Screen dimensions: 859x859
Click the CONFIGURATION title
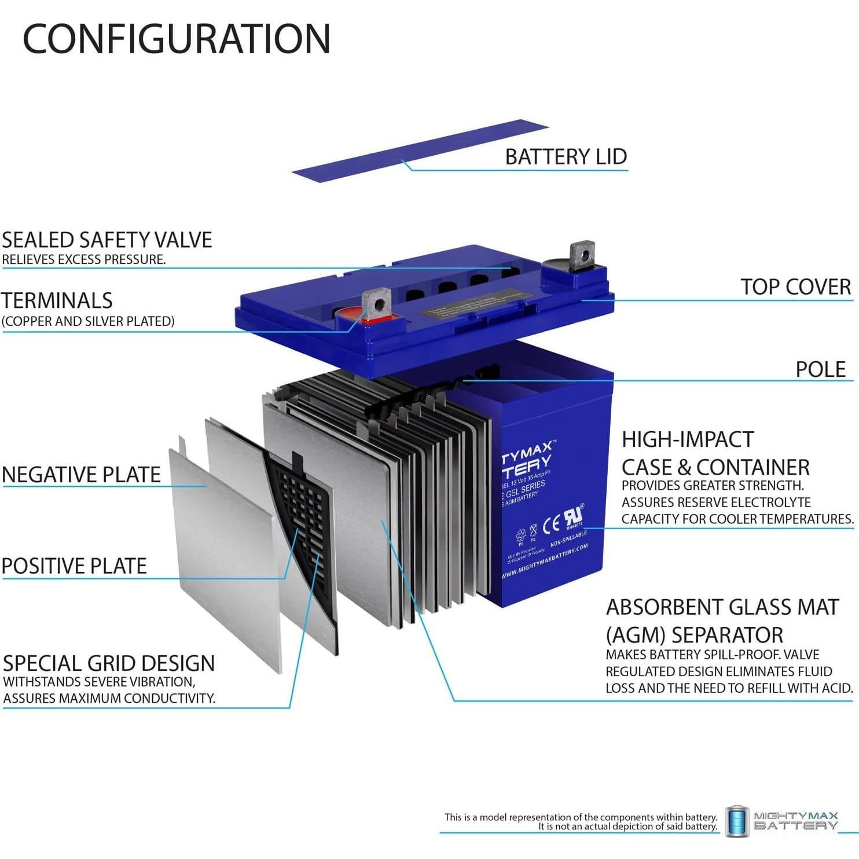177,39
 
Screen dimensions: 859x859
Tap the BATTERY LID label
566,157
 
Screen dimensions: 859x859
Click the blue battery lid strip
420,150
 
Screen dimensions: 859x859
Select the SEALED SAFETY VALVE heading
107,240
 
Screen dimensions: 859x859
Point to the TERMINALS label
57,301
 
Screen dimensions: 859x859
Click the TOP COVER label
795,287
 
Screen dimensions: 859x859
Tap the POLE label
820,369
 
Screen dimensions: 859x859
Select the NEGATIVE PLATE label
82,475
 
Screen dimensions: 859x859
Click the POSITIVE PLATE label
74,566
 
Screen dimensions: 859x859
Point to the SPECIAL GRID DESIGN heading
109,663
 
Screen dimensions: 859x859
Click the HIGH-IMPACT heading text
688,440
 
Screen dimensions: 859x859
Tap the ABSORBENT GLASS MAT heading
722,607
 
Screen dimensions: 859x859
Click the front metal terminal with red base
376,306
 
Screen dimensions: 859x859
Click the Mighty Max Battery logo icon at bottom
737,821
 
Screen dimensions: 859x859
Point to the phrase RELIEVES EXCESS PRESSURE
84,260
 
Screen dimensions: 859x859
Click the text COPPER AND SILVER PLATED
88,321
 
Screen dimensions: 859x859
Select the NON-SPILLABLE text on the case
568,538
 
